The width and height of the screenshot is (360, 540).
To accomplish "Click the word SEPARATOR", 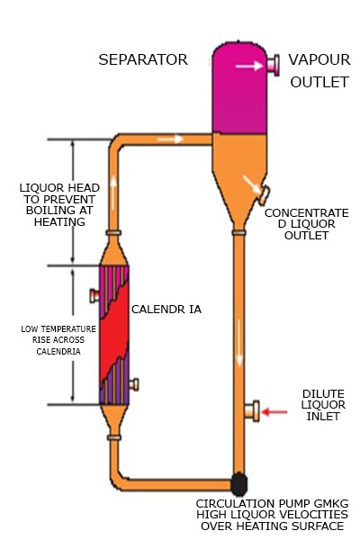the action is tap(143, 59).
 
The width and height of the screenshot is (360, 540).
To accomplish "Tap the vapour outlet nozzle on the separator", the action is tap(274, 65).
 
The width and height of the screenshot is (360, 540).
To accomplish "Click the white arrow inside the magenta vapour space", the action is tap(249, 66).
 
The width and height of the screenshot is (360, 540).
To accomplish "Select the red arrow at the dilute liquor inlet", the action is tap(274, 411).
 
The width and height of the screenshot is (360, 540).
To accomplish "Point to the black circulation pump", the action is tap(238, 484).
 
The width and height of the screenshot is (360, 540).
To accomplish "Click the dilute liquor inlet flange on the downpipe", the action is tap(252, 411).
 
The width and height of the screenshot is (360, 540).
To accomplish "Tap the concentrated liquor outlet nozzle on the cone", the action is tap(265, 195).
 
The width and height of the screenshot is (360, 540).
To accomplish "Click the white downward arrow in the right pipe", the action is tap(239, 343).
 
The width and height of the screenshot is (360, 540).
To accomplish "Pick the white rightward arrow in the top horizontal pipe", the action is tap(170, 139).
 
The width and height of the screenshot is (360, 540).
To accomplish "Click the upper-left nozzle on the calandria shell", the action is tap(94, 295).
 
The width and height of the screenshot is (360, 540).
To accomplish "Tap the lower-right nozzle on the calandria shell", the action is tap(134, 384).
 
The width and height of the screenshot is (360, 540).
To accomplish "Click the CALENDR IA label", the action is tap(166, 310).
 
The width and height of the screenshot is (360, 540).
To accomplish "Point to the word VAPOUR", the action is tap(319, 59).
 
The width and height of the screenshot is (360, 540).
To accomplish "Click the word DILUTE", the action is tap(323, 394).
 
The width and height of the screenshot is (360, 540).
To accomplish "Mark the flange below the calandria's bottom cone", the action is tap(114, 437).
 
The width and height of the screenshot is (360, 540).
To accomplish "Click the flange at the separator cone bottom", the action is tap(238, 233).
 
